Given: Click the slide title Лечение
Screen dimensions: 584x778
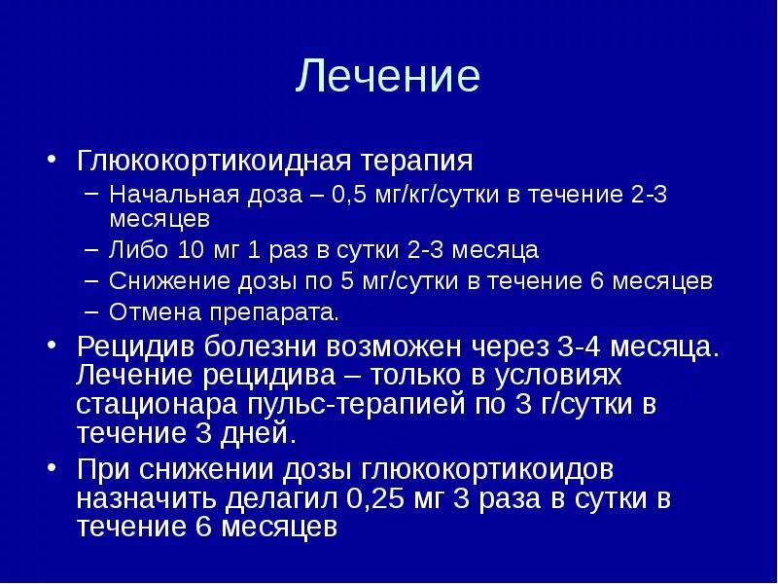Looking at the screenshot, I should point(388,77).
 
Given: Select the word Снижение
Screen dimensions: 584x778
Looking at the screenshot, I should point(161,282).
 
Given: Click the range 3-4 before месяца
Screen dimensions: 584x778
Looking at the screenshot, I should point(582,347).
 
